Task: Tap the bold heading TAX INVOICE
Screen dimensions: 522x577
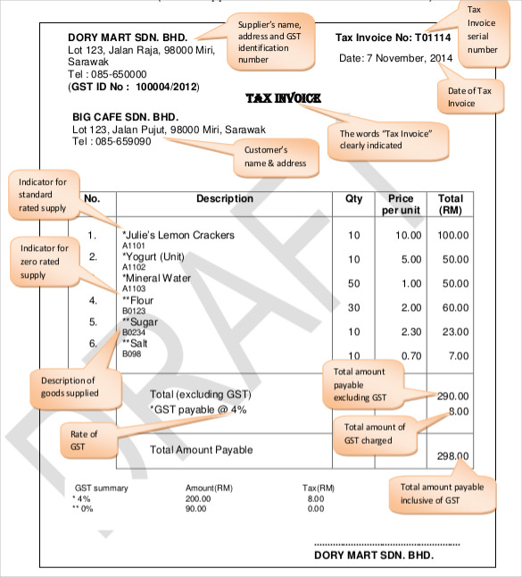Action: click(283, 97)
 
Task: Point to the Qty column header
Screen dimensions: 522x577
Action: click(353, 198)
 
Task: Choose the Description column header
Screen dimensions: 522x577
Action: click(225, 198)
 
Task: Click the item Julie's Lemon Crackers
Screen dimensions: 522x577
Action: click(178, 235)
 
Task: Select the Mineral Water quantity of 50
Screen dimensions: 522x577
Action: click(354, 283)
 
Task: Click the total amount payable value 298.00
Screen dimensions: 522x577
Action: click(452, 456)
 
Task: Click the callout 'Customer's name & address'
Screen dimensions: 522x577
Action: click(275, 156)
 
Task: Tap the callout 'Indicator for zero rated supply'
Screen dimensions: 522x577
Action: click(45, 262)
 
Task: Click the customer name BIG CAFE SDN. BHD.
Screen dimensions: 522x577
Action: click(125, 117)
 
